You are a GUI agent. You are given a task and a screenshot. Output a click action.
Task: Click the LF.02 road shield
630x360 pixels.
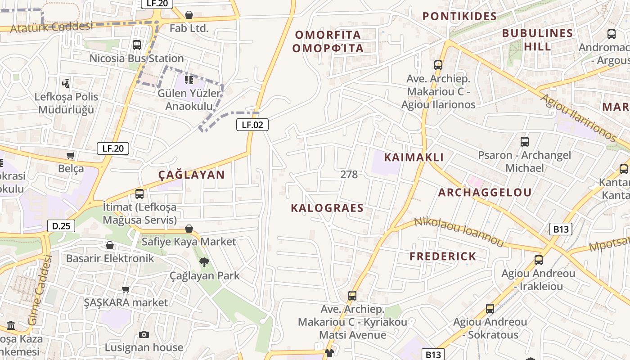pyautogui.click(x=252, y=125)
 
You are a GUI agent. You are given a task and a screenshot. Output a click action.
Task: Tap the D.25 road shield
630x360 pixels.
pyautogui.click(x=61, y=225)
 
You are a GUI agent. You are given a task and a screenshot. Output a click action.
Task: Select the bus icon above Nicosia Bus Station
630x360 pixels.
pyautogui.click(x=137, y=45)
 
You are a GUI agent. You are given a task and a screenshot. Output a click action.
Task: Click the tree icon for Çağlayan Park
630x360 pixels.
pyautogui.click(x=204, y=262)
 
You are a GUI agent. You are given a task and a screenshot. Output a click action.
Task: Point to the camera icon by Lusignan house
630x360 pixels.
pyautogui.click(x=144, y=334)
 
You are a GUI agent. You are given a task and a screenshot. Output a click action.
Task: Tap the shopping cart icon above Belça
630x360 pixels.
pyautogui.click(x=71, y=156)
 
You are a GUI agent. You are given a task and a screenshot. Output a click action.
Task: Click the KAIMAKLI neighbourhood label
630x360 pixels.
pyautogui.click(x=414, y=157)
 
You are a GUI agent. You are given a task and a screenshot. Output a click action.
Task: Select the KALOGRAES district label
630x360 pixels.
pyautogui.click(x=327, y=208)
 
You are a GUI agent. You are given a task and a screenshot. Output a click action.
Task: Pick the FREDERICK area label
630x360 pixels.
pyautogui.click(x=443, y=256)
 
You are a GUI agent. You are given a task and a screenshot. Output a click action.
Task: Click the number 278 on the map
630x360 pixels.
pyautogui.click(x=349, y=175)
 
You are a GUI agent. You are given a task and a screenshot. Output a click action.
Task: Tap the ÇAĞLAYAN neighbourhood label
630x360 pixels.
pyautogui.click(x=191, y=175)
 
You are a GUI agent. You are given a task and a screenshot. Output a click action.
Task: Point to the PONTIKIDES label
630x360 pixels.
pyautogui.click(x=459, y=17)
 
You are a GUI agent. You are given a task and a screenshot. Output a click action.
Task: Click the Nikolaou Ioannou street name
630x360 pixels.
pyautogui.click(x=459, y=231)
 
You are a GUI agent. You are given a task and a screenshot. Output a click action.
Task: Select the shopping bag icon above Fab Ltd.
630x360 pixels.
pyautogui.click(x=189, y=15)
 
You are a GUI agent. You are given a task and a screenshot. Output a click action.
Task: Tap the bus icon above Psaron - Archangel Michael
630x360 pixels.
pyautogui.click(x=524, y=142)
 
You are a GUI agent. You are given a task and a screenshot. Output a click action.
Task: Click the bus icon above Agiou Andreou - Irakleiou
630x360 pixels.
pyautogui.click(x=538, y=260)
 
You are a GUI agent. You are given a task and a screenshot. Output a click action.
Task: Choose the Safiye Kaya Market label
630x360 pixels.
pyautogui.click(x=189, y=242)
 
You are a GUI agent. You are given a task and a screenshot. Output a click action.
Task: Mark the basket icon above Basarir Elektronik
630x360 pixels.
pyautogui.click(x=110, y=245)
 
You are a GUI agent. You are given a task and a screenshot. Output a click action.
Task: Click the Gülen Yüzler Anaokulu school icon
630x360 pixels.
pyautogui.click(x=189, y=80)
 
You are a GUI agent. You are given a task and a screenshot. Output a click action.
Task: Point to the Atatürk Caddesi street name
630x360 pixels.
pyautogui.click(x=51, y=27)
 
